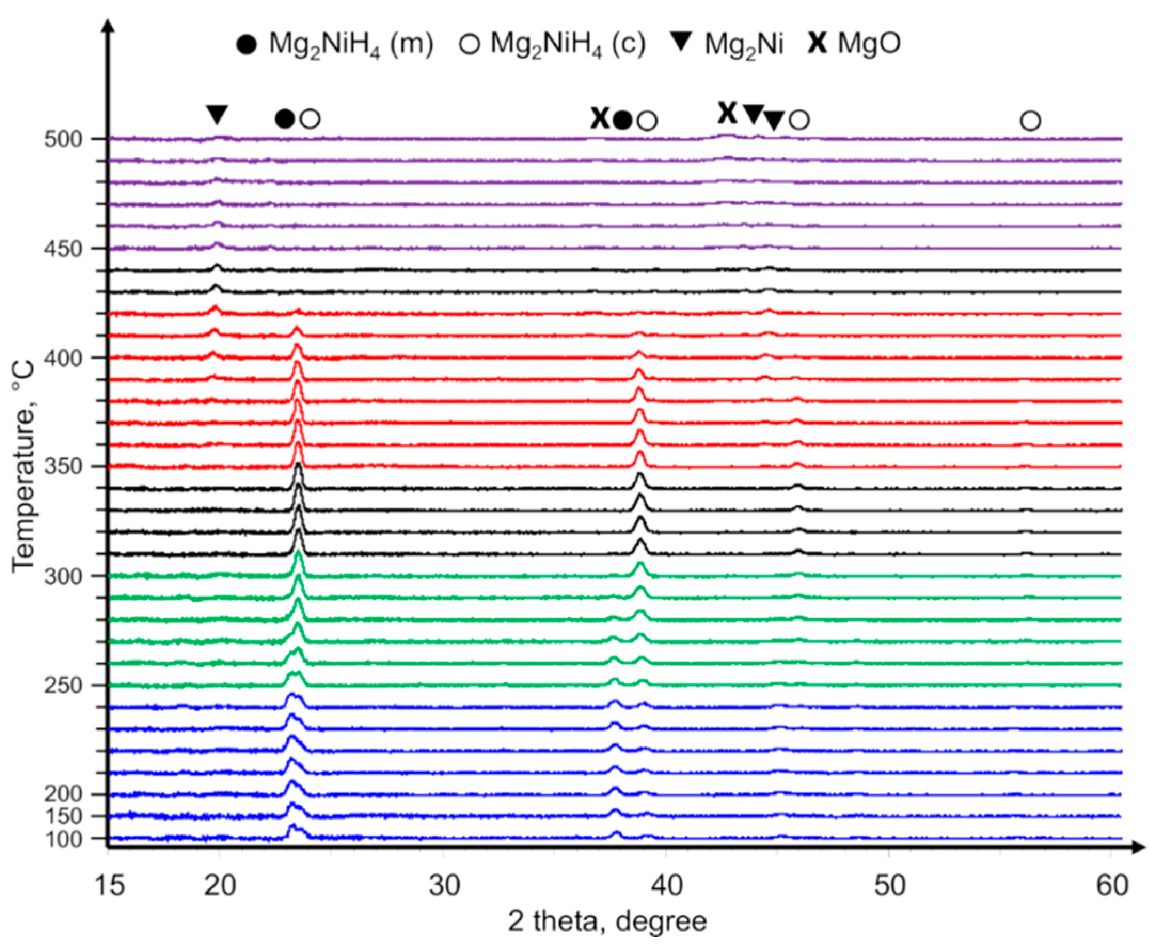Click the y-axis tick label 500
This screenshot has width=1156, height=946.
(62, 139)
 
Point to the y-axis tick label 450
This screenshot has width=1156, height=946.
(62, 249)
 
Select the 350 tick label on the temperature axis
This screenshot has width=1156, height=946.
(62, 467)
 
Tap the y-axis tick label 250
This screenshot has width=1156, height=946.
(62, 686)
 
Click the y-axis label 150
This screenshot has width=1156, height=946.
(62, 816)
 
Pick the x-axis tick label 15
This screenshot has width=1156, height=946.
(109, 886)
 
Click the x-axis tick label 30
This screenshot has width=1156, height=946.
(444, 886)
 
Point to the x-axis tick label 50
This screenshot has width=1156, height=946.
(890, 886)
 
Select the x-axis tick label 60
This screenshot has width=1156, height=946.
(1112, 886)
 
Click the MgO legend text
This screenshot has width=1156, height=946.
(869, 44)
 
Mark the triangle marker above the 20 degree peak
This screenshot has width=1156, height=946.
(217, 115)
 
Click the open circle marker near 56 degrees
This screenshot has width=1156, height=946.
(1030, 121)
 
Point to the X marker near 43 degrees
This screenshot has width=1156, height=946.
(727, 113)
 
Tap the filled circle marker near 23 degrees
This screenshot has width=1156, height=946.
(285, 118)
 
